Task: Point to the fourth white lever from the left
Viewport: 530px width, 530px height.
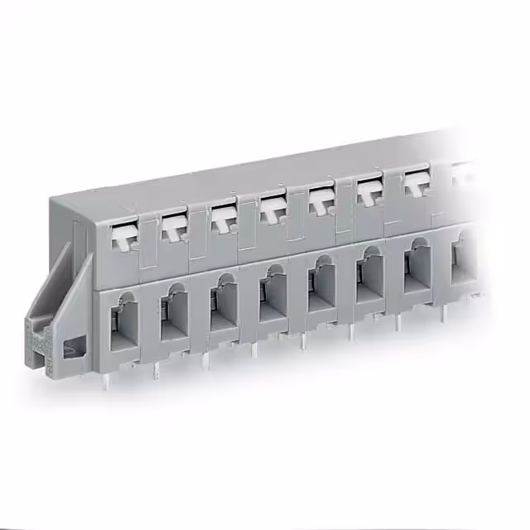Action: click(x=271, y=210)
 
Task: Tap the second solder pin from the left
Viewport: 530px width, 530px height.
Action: click(x=156, y=371)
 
